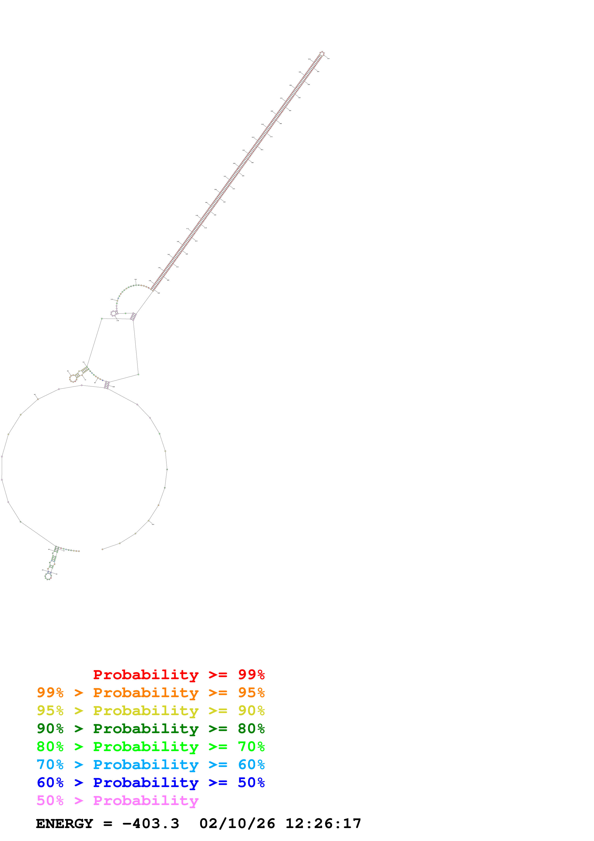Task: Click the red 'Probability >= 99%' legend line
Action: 179,675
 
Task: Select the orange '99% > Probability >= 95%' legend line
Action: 150,693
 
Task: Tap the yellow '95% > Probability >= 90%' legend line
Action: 150,711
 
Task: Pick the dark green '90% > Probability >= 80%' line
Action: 150,729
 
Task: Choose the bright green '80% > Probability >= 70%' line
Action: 150,747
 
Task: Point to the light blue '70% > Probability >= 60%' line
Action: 150,765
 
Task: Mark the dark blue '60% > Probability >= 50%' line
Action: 150,783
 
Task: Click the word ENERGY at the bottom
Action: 64,824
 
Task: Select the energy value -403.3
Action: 150,824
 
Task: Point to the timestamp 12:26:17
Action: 323,824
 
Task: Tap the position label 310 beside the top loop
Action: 328,58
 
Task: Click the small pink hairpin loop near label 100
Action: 113,313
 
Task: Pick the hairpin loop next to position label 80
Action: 73,378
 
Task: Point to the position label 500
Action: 153,524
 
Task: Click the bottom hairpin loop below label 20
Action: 48,576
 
